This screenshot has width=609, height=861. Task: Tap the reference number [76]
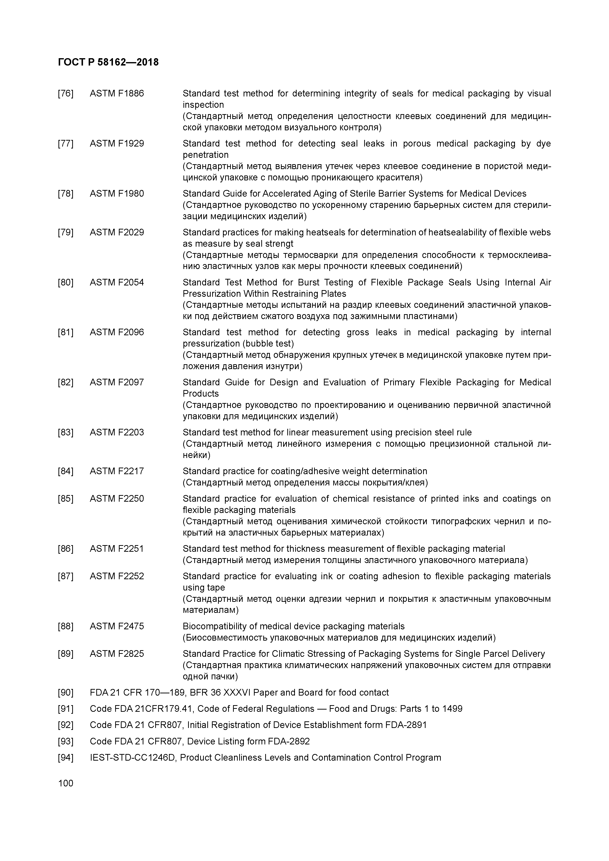point(66,93)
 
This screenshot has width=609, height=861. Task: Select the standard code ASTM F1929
point(117,144)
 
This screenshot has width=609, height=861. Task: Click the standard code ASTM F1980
point(117,193)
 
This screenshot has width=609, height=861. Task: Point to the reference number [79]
point(66,232)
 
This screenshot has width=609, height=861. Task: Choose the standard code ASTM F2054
point(117,282)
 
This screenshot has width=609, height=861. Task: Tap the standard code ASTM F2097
point(117,382)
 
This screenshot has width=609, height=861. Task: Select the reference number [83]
point(66,432)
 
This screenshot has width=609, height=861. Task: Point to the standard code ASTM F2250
point(117,499)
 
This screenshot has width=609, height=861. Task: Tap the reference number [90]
point(66,693)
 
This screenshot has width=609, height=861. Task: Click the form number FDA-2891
point(406,725)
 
